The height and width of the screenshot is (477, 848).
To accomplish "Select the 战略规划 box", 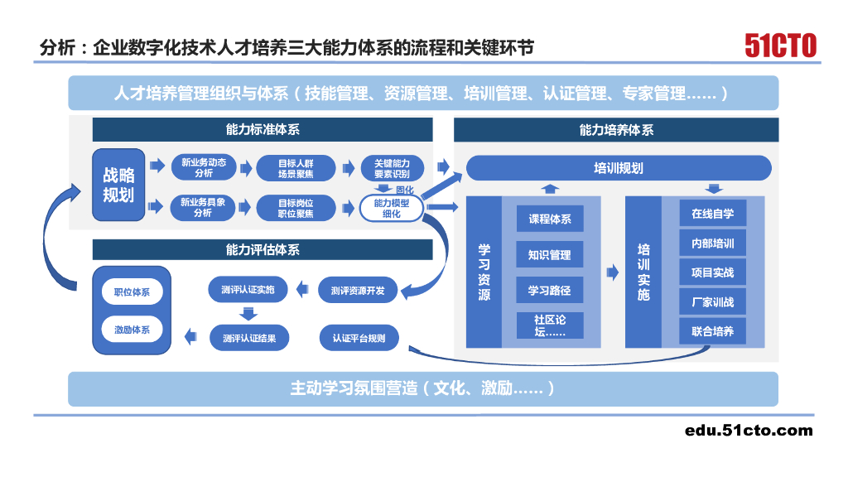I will pos(118,185).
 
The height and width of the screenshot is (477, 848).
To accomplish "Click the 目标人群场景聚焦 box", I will pos(296,168).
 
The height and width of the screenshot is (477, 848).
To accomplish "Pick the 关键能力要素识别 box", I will pos(392,168).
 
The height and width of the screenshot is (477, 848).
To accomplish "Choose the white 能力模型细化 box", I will pos(392,208).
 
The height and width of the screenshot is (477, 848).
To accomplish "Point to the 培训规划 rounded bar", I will pos(619,168).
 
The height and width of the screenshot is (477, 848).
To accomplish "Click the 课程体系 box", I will pos(550,219).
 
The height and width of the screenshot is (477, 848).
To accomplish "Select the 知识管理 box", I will pos(550,255).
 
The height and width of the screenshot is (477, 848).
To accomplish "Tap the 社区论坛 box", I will pos(550,325).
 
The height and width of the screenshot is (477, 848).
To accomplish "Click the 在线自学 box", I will pos(712,214).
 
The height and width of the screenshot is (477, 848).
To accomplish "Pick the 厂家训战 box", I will pos(712,301).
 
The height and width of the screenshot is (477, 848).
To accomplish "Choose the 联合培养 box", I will pos(712,331).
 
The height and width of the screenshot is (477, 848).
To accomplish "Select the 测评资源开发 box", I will pos(358,291).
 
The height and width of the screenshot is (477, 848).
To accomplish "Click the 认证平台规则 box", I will pos(358,338).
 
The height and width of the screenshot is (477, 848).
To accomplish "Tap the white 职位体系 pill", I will pos(132,292).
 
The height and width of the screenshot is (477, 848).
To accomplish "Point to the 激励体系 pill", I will pos(132,330).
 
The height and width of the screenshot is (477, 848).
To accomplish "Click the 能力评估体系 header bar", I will pos(262,249).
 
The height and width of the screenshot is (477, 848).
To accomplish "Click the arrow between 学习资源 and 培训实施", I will pos(613,272).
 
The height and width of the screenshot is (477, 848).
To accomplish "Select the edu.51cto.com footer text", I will pos(749,430).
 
